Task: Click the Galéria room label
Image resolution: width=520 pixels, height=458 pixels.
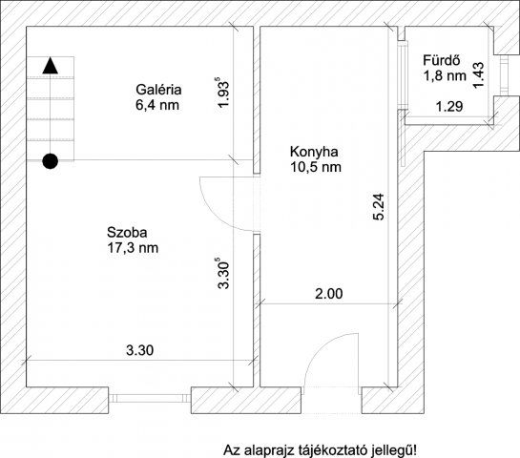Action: tap(157, 91)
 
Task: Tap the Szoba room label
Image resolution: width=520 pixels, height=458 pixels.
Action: tap(127, 232)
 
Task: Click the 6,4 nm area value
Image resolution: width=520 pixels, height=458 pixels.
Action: tap(157, 106)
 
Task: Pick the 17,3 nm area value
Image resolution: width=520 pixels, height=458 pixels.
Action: tap(133, 248)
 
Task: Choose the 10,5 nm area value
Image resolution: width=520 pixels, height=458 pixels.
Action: tap(316, 168)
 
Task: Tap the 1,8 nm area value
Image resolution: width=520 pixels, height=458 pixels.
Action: tap(445, 74)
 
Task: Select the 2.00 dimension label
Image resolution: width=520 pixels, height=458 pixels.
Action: tap(328, 294)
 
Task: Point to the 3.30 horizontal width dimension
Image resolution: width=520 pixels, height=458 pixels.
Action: tap(140, 350)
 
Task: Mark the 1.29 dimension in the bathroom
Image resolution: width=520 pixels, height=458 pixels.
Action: tap(449, 107)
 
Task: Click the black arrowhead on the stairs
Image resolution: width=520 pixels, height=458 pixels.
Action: tap(50, 66)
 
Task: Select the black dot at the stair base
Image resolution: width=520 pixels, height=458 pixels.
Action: tap(50, 160)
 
